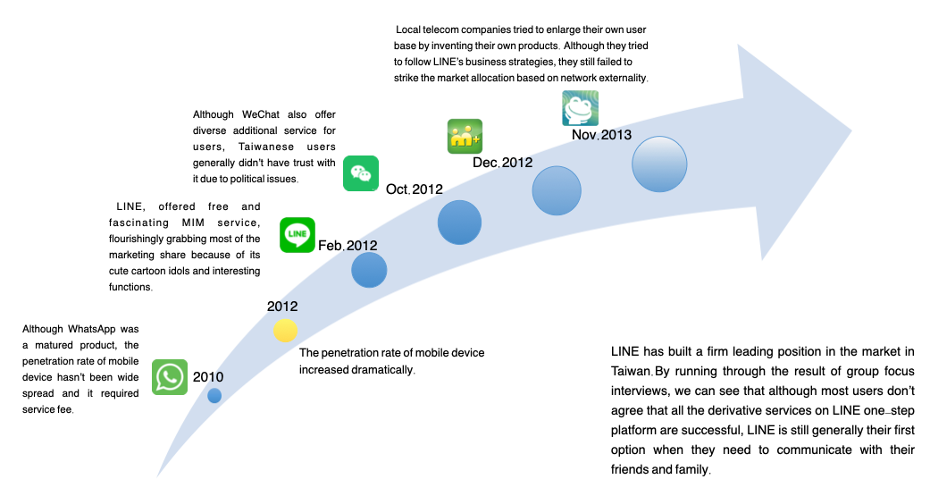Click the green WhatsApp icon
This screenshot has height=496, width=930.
click(170, 377)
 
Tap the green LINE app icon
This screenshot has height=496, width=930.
click(297, 235)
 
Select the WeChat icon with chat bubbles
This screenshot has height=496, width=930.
click(361, 173)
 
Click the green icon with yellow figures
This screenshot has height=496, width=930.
click(465, 137)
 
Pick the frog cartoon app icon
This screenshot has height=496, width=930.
click(580, 108)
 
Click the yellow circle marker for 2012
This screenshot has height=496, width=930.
click(285, 331)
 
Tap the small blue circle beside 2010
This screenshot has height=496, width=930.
click(214, 395)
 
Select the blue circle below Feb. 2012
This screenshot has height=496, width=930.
click(369, 269)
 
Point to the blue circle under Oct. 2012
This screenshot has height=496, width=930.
click(460, 223)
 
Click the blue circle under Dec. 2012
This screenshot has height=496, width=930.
click(557, 190)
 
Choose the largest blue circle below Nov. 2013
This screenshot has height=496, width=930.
click(660, 164)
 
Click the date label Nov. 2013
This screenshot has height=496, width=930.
click(601, 136)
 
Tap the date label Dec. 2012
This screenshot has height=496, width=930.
click(502, 163)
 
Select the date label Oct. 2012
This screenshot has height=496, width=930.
click(415, 189)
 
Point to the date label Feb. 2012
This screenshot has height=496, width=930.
click(348, 246)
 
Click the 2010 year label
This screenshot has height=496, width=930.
click(208, 377)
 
